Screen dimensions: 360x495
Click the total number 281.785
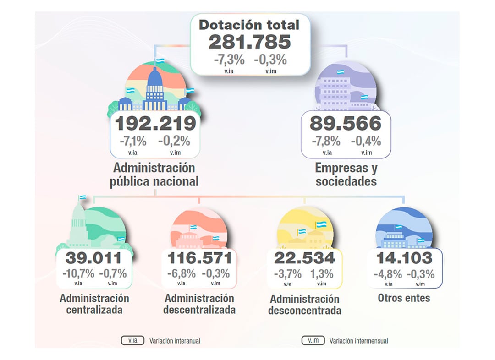250,42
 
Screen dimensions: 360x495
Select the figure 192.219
155,124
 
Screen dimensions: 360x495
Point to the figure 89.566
346,124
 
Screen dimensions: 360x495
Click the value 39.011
93,258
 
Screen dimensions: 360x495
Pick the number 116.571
199,258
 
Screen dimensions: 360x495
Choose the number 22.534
304,258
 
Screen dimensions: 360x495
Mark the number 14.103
404,258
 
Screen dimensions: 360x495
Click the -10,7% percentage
78,274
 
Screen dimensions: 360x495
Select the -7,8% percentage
326,141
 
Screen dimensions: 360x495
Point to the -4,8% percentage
388,274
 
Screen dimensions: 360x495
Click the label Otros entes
404,298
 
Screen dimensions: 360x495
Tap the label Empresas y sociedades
346,175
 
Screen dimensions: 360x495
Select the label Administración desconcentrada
304,305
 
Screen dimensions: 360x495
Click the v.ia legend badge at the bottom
132,341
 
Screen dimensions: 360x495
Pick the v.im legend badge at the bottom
313,341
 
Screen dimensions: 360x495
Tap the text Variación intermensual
359,341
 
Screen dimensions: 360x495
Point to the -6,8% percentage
181,274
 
